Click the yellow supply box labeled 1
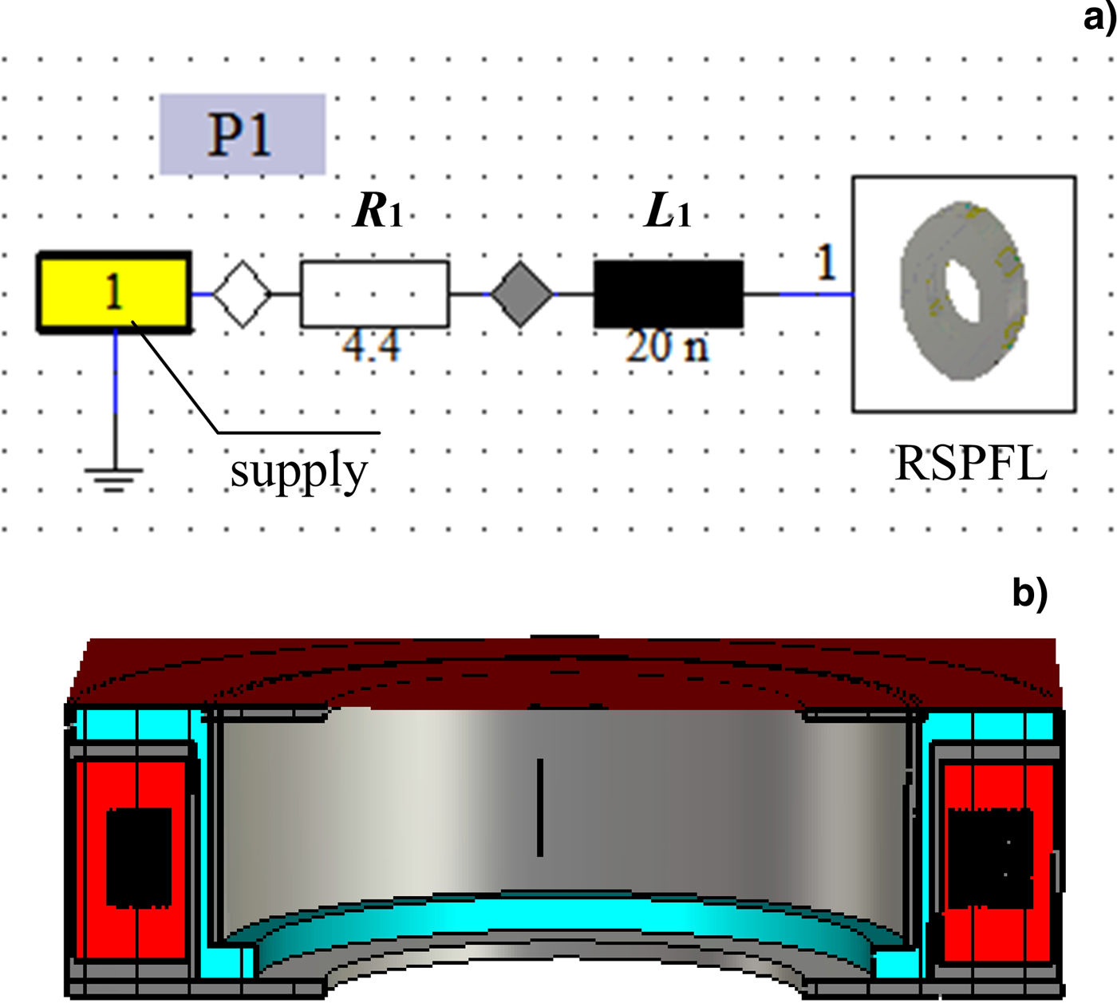[114, 292]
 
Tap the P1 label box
[242, 134]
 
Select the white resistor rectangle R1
[374, 294]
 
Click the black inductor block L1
[668, 294]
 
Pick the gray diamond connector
[521, 294]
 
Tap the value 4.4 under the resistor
[371, 346]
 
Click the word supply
[298, 471]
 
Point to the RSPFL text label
[970, 463]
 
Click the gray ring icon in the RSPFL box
[964, 291]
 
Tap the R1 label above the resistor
[378, 211]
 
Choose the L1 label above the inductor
[667, 211]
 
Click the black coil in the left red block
[139, 857]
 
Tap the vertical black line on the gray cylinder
[540, 807]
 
